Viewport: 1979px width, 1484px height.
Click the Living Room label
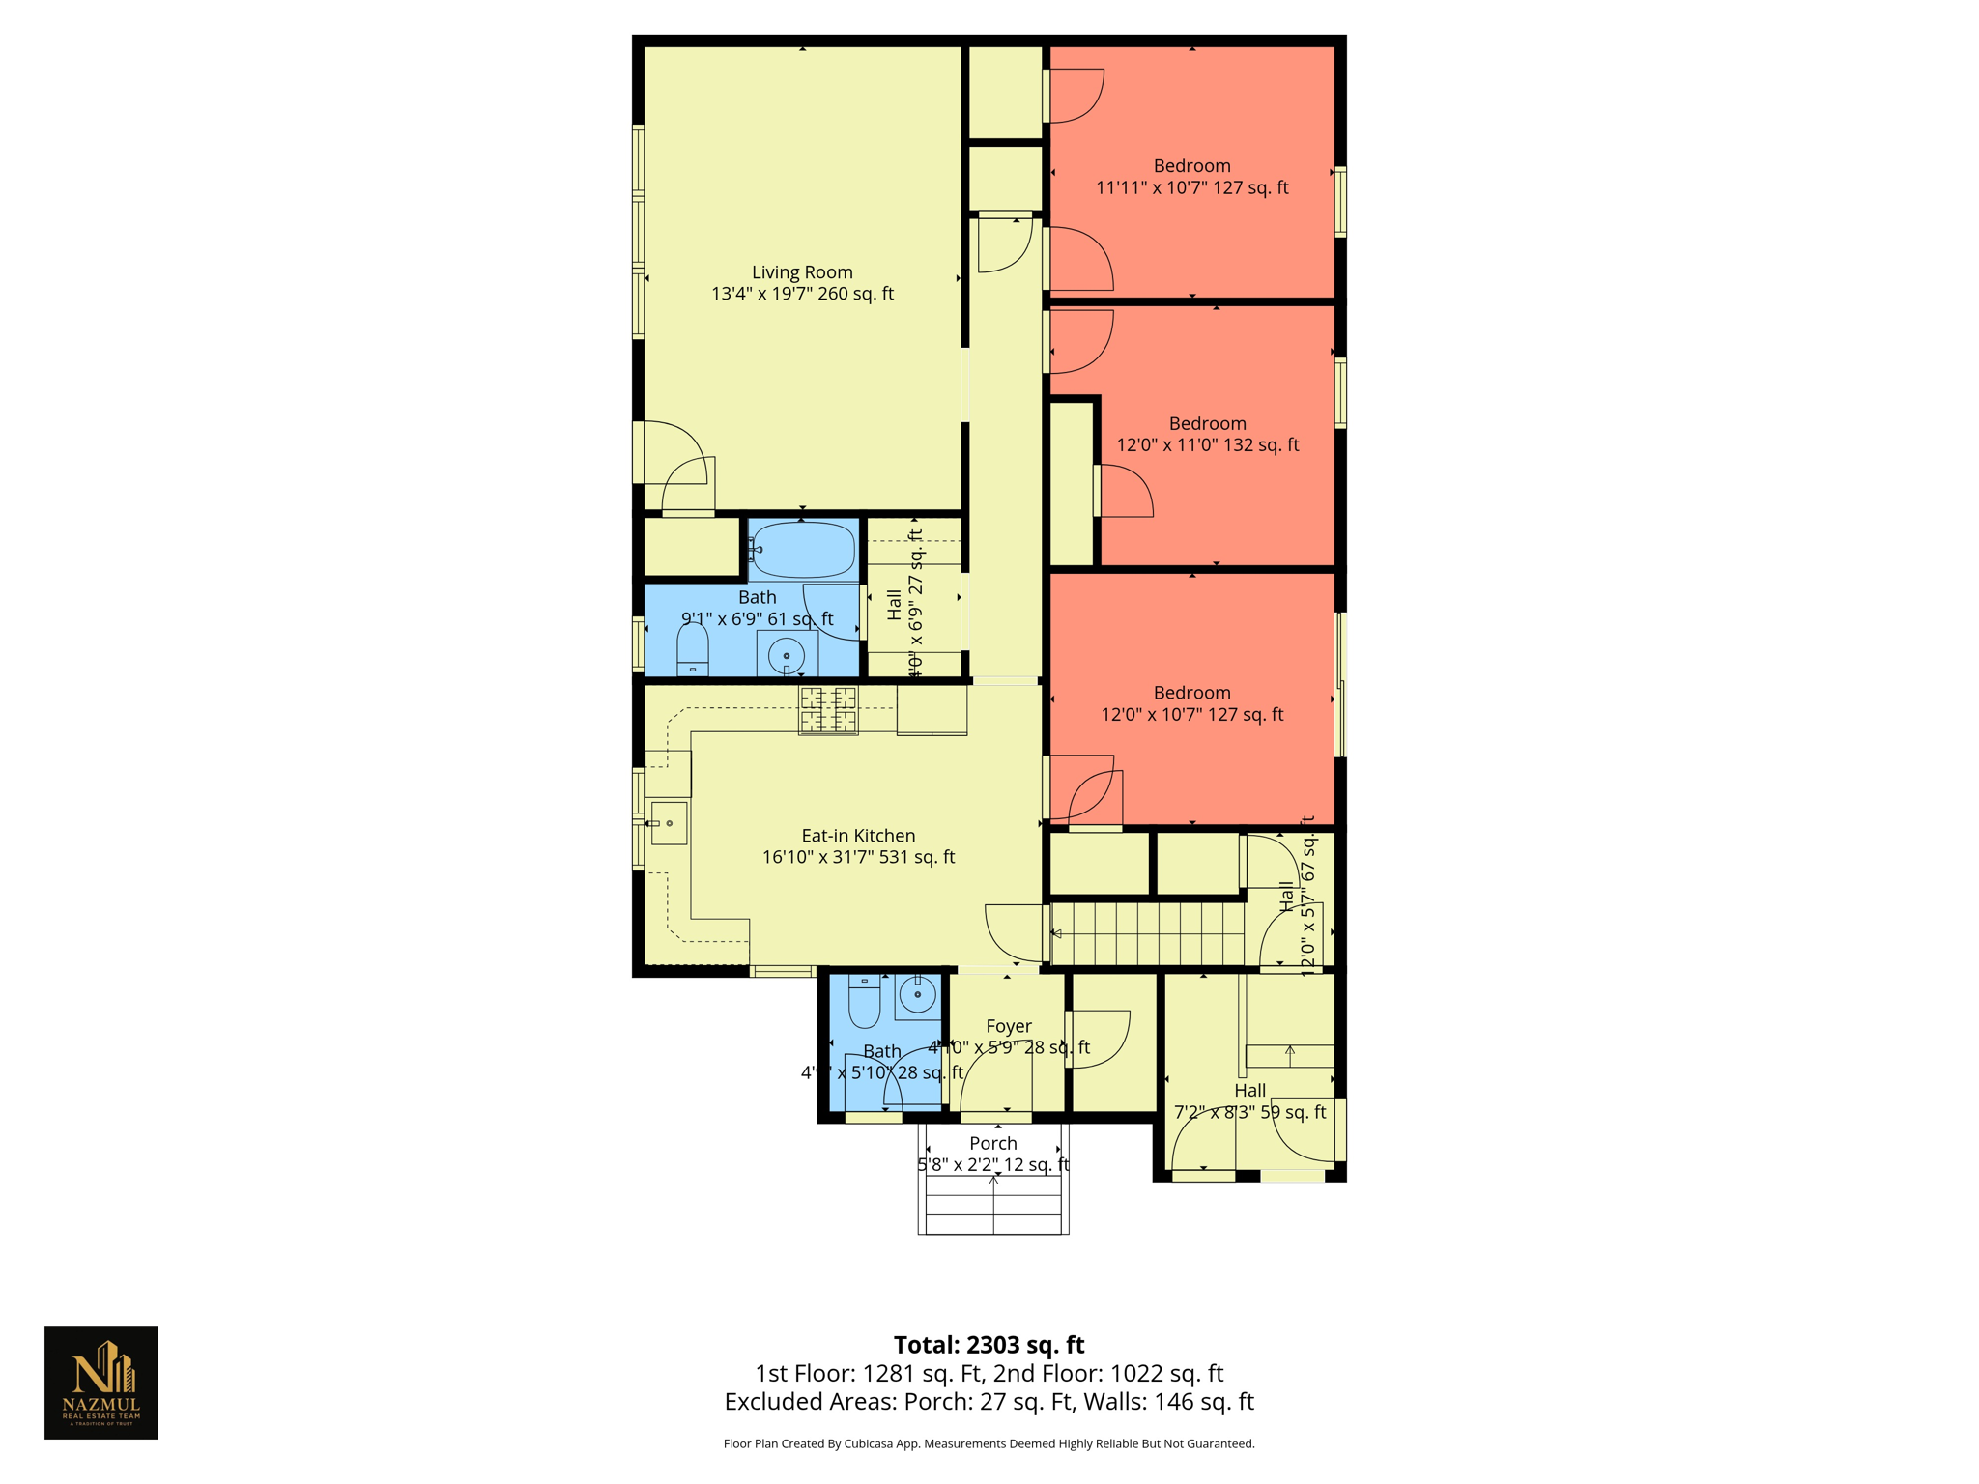[x=802, y=272]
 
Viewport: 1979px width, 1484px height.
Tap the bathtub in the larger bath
[x=802, y=550]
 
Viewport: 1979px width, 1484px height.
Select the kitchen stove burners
[x=828, y=710]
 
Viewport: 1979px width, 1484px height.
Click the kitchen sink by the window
[x=669, y=823]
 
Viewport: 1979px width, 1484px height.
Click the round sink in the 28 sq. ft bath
[x=917, y=994]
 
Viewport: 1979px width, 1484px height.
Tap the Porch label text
[x=993, y=1143]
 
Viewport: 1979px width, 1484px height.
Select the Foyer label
[x=1008, y=1026]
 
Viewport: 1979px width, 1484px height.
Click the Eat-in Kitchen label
[x=858, y=836]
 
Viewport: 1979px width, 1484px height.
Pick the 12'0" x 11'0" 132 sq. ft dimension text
[x=1208, y=445]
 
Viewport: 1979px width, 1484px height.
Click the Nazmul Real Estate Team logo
[x=101, y=1382]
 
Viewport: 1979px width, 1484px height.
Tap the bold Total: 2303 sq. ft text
[x=989, y=1345]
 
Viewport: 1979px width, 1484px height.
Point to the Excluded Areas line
[x=989, y=1402]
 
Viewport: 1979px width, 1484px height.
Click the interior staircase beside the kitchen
[x=1147, y=934]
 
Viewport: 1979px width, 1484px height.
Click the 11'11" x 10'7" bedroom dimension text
[x=1191, y=188]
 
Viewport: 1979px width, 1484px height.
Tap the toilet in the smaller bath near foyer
[x=864, y=1003]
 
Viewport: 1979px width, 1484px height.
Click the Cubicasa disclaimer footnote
[x=989, y=1444]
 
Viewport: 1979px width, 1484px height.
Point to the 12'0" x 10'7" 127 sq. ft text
[x=1191, y=715]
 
